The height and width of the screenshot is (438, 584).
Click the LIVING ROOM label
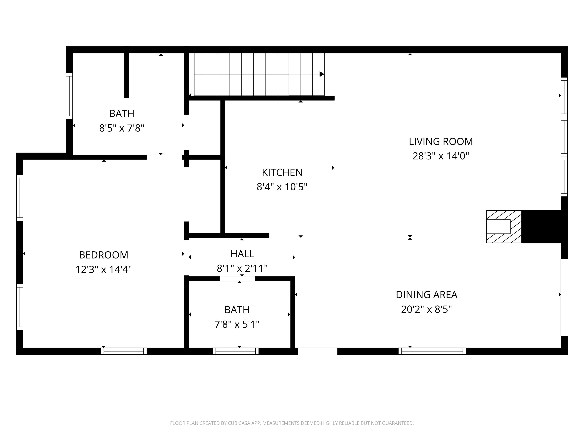(x=441, y=142)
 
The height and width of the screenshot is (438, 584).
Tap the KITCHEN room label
(x=282, y=172)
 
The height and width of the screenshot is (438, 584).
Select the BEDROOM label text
(x=104, y=255)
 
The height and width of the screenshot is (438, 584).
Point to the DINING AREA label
(x=426, y=295)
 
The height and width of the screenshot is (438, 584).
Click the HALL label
(x=242, y=254)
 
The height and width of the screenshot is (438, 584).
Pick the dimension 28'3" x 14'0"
(x=441, y=156)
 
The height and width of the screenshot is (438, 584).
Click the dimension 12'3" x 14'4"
(x=104, y=270)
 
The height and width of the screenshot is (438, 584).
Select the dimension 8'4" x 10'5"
(x=282, y=187)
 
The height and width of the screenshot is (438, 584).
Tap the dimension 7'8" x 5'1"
(x=237, y=325)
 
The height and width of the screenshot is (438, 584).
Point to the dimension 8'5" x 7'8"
(x=122, y=128)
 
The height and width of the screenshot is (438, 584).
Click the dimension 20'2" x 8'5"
(x=426, y=309)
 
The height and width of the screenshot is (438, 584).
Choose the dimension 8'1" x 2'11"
(x=242, y=268)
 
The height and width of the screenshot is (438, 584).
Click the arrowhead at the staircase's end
(x=322, y=74)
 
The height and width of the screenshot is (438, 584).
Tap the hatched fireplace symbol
(x=504, y=227)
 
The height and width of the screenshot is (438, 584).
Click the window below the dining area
(x=432, y=351)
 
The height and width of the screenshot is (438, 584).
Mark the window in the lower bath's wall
(x=236, y=351)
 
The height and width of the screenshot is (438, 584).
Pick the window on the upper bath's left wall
(x=69, y=96)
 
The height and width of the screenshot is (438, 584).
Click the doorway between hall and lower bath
(x=237, y=279)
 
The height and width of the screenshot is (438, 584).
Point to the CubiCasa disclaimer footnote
(x=292, y=423)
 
